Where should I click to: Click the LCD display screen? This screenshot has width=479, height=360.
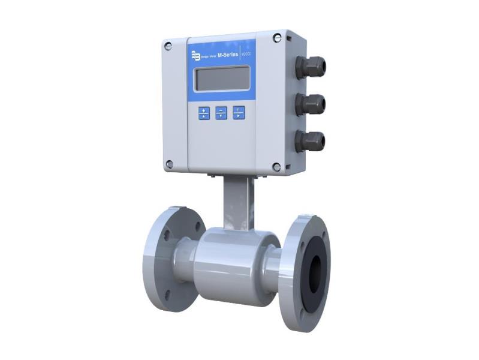[222, 79]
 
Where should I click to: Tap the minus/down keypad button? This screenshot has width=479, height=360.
[221, 113]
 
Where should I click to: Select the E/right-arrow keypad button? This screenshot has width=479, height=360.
[239, 112]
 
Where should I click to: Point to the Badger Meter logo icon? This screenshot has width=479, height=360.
[195, 56]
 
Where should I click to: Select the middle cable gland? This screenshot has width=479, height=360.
[311, 104]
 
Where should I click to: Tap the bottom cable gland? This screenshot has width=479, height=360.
[311, 142]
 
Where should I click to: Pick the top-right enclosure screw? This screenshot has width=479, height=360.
[276, 38]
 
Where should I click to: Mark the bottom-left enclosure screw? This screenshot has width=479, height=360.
[170, 163]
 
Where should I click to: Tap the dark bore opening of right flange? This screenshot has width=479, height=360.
[314, 273]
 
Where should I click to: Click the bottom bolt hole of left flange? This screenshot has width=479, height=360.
[167, 294]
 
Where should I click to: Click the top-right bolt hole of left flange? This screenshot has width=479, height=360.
[196, 227]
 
